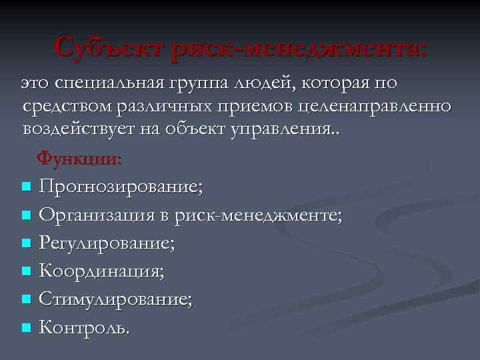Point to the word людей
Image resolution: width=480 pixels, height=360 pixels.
(x=262, y=83)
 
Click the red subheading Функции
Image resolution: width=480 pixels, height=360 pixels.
(x=79, y=159)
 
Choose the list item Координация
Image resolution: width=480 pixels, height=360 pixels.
(x=101, y=271)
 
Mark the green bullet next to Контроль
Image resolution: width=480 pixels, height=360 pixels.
(x=26, y=328)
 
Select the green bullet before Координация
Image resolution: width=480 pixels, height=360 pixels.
(x=26, y=271)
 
